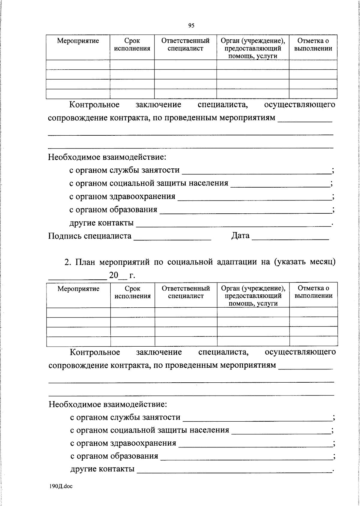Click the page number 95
tap(191, 26)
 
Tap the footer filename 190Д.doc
tap(61, 486)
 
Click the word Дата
tap(240, 236)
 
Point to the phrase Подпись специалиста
tap(90, 236)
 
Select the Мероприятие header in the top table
tap(78, 41)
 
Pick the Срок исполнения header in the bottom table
tap(133, 292)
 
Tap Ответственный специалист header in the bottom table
tap(186, 292)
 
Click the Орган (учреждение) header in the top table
tap(253, 41)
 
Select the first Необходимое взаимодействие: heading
tap(107, 157)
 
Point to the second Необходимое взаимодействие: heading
tap(108, 404)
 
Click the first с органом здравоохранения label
tap(122, 196)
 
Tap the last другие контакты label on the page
tap(102, 469)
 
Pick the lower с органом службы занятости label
tap(125, 417)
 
